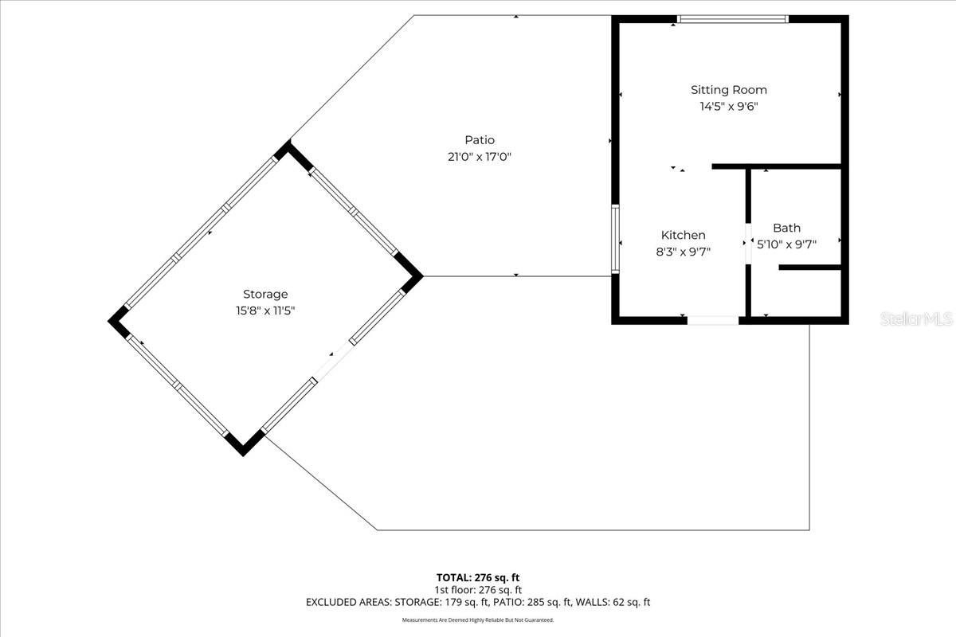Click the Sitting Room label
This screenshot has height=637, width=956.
click(x=728, y=90)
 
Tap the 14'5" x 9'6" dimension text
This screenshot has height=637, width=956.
click(x=728, y=106)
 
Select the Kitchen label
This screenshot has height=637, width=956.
click(x=683, y=235)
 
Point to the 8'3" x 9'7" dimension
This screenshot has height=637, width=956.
click(x=683, y=251)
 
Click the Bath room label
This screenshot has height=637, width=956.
click(x=786, y=228)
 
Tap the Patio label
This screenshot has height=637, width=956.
click(x=480, y=140)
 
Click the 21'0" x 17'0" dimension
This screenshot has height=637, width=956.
click(x=479, y=157)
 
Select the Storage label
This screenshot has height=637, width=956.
click(x=265, y=294)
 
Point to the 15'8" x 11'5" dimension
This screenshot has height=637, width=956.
click(x=265, y=311)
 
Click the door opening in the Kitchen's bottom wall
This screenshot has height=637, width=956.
click(x=713, y=320)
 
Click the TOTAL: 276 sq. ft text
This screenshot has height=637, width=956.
click(x=478, y=577)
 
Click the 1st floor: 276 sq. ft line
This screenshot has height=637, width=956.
click(x=478, y=590)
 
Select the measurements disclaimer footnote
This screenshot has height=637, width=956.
click(x=478, y=619)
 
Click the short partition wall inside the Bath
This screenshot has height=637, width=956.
click(x=809, y=268)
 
